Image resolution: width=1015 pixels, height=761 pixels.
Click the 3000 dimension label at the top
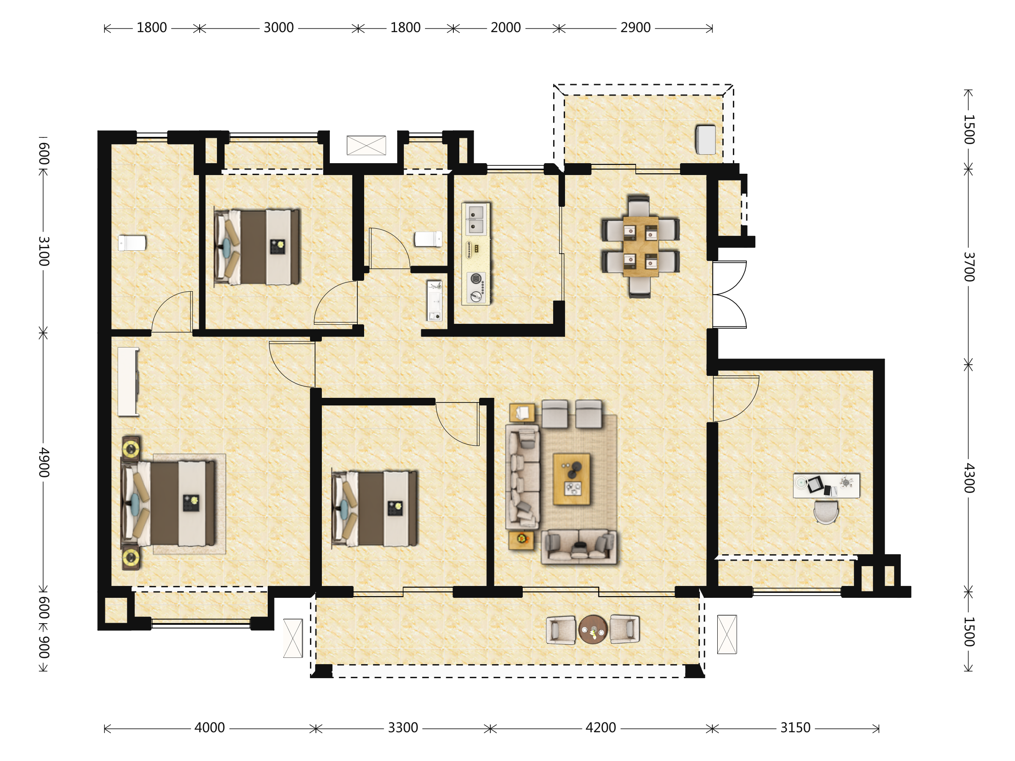click(x=279, y=28)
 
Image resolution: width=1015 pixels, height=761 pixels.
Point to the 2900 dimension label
click(x=636, y=28)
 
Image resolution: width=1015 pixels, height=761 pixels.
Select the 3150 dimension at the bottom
click(x=795, y=728)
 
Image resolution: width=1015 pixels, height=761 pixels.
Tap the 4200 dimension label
click(x=601, y=728)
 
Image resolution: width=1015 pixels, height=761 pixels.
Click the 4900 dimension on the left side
click(x=44, y=463)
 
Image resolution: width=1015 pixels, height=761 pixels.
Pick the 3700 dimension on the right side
click(x=968, y=267)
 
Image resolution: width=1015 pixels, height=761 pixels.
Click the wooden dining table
click(x=641, y=246)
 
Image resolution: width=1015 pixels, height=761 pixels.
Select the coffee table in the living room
click(x=571, y=479)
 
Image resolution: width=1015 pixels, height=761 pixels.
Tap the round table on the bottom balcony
click(x=593, y=630)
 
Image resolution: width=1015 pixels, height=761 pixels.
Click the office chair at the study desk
click(x=826, y=512)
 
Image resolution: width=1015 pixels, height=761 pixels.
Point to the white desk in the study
click(x=826, y=486)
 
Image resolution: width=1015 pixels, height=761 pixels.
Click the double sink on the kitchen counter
click(x=475, y=220)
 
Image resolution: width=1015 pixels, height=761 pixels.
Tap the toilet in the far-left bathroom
click(x=132, y=243)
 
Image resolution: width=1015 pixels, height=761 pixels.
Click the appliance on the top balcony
click(x=705, y=140)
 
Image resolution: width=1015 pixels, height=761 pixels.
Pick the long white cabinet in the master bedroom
click(x=128, y=382)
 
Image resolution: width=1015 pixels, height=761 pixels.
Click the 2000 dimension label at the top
click(x=506, y=28)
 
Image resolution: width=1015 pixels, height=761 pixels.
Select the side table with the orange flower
click(x=521, y=540)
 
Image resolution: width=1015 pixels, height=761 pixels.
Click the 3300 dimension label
click(x=403, y=728)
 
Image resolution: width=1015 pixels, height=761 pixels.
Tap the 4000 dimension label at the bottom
click(x=210, y=728)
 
